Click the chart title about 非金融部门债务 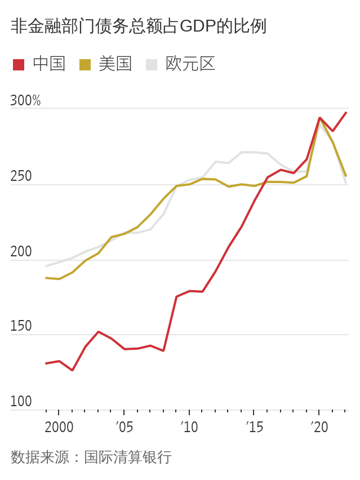[x=138, y=26]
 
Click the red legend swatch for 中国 [x=19, y=64]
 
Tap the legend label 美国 [x=115, y=64]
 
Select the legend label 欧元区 [x=190, y=64]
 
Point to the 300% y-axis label [x=25, y=101]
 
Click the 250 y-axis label [x=21, y=177]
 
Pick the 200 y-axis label [x=21, y=252]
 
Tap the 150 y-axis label [x=21, y=327]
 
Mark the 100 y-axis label [x=21, y=402]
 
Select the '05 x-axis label [x=125, y=427]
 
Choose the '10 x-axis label [x=189, y=427]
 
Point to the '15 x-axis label [x=255, y=427]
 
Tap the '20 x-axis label [x=319, y=427]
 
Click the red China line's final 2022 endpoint [x=346, y=113]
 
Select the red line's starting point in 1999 [x=46, y=363]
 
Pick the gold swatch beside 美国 [x=85, y=64]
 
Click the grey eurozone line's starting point [x=46, y=266]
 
